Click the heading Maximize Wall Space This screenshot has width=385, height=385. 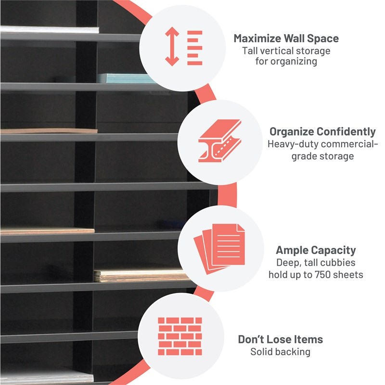[286, 38]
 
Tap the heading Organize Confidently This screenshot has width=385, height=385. [322, 132]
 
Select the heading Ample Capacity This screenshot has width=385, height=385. [316, 250]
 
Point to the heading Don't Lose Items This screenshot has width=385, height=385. [281, 339]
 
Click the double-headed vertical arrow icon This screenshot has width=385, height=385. [172, 46]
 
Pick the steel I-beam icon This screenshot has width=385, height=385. [220, 141]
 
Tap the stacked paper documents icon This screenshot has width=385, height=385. [219, 249]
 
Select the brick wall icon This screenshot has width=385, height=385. [180, 336]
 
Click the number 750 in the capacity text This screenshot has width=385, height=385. [319, 275]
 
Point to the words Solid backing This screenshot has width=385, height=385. [281, 352]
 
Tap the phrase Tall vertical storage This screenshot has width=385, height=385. [286, 51]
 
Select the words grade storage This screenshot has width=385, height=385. [322, 156]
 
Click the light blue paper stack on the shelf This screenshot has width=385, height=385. [127, 78]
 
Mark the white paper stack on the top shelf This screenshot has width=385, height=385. [50, 29]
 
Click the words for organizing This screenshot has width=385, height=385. [286, 62]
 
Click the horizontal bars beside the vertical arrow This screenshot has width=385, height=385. [195, 48]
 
